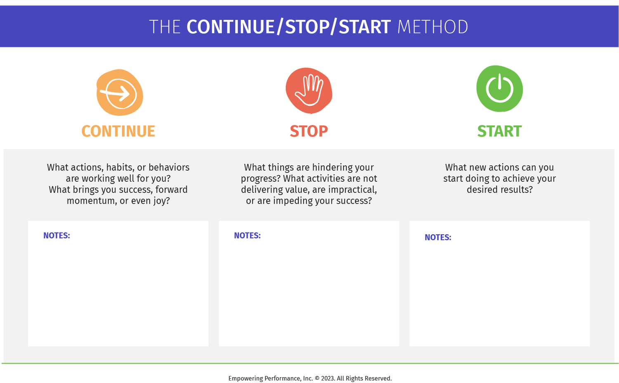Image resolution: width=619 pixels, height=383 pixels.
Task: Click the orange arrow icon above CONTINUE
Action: (119, 93)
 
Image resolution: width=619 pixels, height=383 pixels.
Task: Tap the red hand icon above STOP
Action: (309, 90)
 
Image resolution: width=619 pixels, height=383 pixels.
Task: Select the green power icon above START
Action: (499, 89)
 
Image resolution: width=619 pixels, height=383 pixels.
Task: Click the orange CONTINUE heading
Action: (118, 131)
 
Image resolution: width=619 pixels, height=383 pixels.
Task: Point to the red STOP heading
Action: (309, 131)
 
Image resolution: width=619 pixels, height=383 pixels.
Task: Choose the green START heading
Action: (499, 131)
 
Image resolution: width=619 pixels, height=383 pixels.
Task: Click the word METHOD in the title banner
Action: (432, 27)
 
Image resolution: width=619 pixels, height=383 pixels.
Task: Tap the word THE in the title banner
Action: (165, 27)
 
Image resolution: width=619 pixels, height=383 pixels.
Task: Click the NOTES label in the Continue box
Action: (57, 236)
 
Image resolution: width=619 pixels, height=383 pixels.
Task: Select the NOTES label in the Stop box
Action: (247, 236)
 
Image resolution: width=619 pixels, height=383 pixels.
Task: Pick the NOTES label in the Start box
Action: (438, 238)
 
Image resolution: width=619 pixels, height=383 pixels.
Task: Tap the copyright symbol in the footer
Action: (317, 378)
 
